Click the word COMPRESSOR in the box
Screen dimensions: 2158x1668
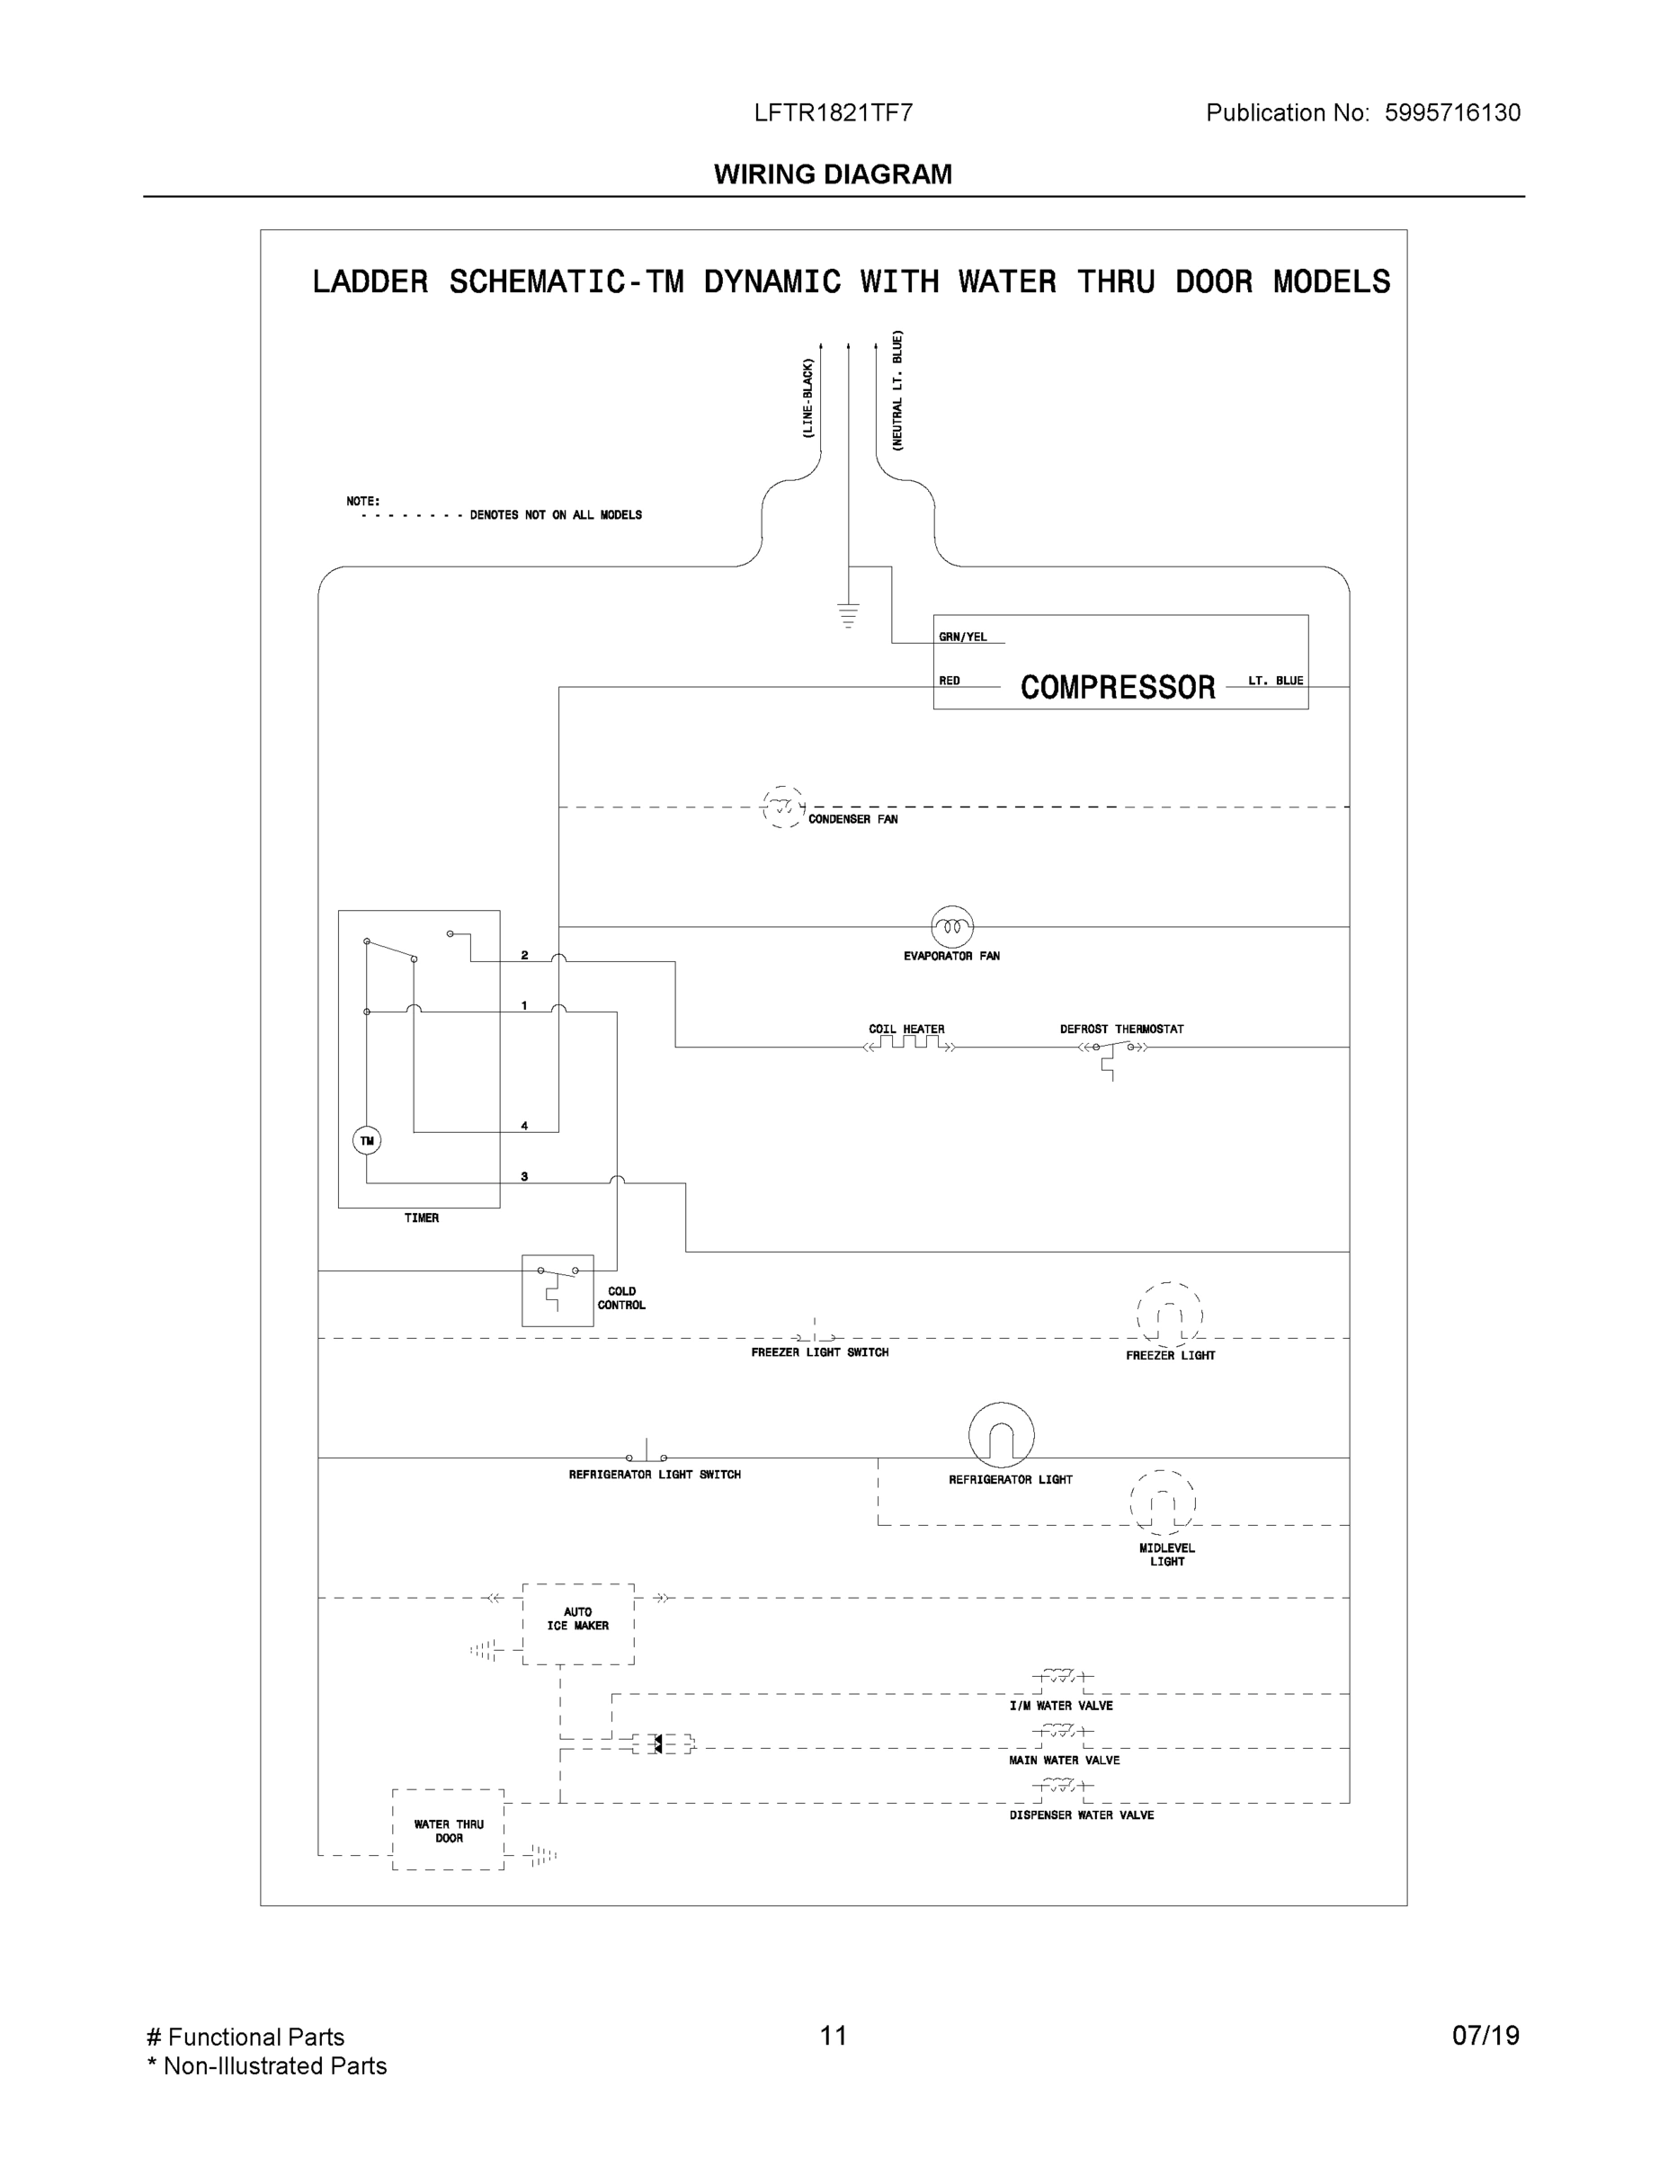(x=1118, y=688)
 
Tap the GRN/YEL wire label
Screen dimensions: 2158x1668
(x=962, y=638)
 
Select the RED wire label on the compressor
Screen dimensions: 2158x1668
(x=950, y=681)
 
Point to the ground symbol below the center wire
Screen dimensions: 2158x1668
(x=848, y=616)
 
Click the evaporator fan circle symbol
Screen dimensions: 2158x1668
(x=952, y=927)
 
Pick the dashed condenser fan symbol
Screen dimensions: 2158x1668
(x=783, y=807)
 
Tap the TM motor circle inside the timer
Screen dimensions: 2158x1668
(x=367, y=1141)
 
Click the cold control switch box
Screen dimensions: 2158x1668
(x=557, y=1290)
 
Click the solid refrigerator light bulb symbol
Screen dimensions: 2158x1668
(x=1001, y=1435)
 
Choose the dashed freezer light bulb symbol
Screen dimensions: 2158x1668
(x=1170, y=1315)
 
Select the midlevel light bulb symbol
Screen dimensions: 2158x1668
(x=1163, y=1503)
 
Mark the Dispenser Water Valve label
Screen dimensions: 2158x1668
(x=1081, y=1815)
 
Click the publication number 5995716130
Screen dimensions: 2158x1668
(x=1451, y=112)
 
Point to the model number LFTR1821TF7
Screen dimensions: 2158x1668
(x=833, y=112)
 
